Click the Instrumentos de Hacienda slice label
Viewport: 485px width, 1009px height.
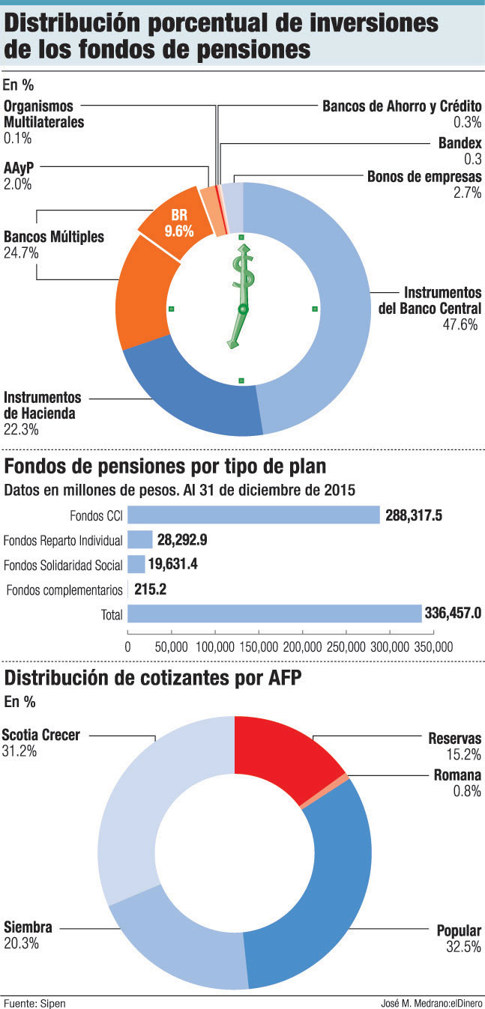(42, 404)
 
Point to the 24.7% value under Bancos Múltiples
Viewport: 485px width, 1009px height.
(21, 253)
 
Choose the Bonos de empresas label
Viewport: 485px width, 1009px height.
(424, 177)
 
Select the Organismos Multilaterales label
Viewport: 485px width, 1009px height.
(43, 114)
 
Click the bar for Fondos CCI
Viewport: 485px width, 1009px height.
(254, 515)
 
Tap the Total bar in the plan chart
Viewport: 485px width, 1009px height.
(274, 613)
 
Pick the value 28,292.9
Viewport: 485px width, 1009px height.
(182, 539)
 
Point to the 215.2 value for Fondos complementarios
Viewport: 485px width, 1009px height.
(150, 590)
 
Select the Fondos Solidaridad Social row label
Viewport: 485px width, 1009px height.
(63, 564)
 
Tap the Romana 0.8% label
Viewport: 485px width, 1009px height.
(457, 783)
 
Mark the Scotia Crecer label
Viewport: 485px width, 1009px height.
(40, 735)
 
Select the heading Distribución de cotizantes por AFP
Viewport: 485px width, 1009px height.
(153, 679)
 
